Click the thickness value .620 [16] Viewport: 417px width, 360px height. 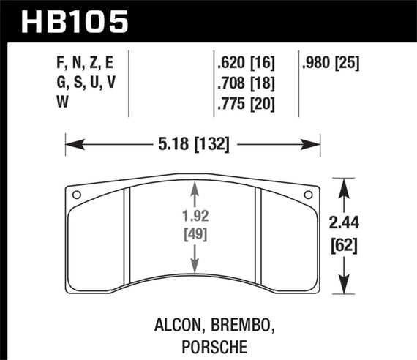(244, 64)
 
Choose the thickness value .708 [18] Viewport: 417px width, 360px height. (244, 83)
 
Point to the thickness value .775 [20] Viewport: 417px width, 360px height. (244, 103)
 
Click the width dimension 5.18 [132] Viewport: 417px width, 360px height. (194, 144)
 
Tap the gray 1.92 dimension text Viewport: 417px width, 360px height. (194, 217)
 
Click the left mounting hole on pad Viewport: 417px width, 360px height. (76, 195)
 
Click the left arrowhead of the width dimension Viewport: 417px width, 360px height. (70, 144)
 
